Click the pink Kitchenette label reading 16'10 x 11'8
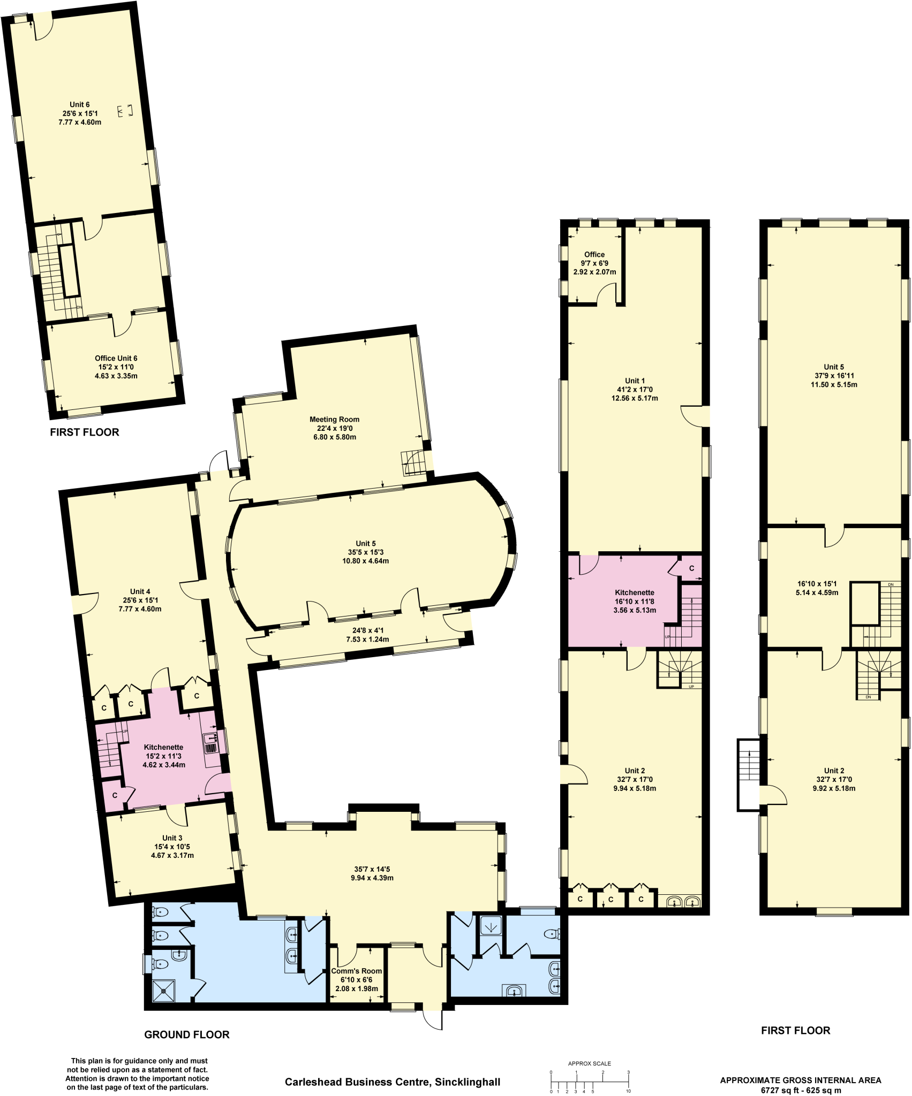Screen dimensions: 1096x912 pos(635,601)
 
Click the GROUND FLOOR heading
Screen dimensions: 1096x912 pos(187,1034)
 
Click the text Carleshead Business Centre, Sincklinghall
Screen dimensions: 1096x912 pos(393,1082)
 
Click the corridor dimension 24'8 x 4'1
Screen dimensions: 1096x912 pos(367,635)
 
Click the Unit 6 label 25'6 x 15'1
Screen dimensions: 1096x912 pos(80,113)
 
